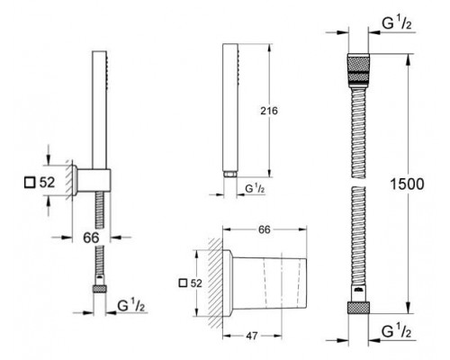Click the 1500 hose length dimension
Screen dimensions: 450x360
[x=407, y=184]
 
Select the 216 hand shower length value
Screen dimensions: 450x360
[x=269, y=111]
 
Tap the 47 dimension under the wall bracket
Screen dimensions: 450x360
[x=252, y=336]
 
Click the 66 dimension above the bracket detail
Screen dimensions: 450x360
[x=265, y=229]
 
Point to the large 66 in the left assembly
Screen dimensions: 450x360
[x=91, y=238]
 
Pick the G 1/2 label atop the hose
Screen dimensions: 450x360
[x=397, y=22]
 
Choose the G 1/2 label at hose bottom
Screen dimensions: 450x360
[x=396, y=331]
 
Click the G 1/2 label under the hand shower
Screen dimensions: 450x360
[x=255, y=188]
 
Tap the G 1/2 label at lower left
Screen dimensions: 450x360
[x=131, y=305]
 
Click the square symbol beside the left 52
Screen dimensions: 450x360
[x=30, y=183]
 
